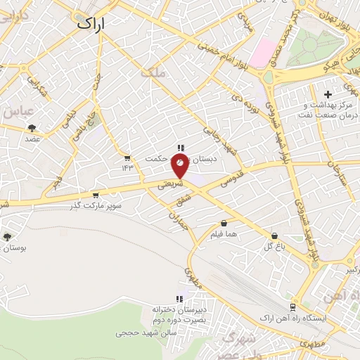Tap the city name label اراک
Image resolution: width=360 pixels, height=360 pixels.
pos(89,23)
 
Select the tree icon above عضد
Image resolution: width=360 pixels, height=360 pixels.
pos(32,127)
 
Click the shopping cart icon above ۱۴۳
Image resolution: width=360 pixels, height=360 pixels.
pos(127,157)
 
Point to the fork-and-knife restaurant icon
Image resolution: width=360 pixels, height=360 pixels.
pos(181,148)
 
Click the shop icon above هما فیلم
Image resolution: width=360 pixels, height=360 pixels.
pos(223,224)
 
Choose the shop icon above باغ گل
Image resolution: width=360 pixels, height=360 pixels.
pos(274,236)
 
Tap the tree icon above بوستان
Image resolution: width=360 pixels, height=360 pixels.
pos(7,237)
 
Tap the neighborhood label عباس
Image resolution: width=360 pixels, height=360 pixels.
pos(19,111)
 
